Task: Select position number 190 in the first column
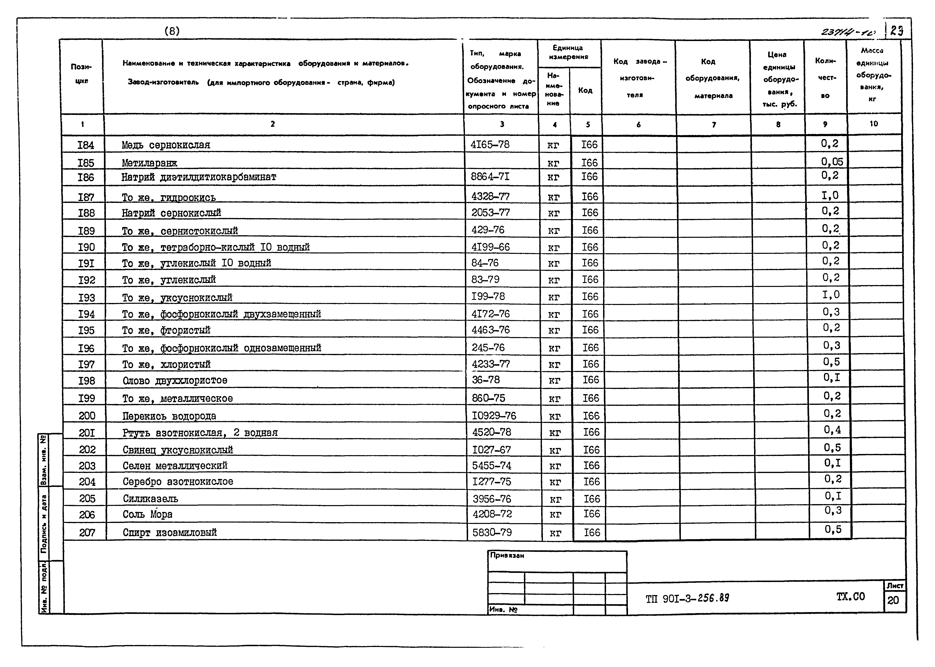86,247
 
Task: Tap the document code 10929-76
494,416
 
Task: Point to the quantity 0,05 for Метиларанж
832,162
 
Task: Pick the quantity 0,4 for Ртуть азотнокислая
832,430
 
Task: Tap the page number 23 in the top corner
897,31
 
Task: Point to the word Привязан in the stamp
507,556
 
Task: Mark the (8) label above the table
172,31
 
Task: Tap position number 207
87,533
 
